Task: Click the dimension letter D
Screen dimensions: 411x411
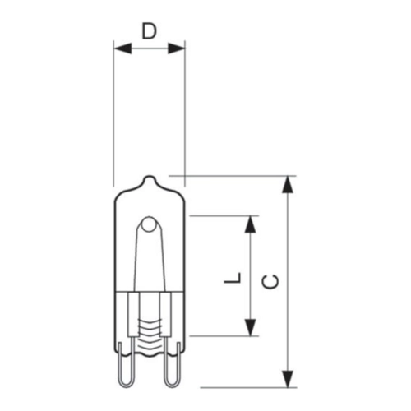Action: [x=149, y=31]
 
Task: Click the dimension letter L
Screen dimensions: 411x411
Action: [x=233, y=278]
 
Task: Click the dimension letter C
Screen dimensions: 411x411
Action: [x=270, y=281]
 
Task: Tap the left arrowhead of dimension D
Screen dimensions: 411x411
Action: [x=122, y=48]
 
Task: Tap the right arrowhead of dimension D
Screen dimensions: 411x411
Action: [x=176, y=48]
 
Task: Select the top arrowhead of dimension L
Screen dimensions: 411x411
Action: [x=250, y=224]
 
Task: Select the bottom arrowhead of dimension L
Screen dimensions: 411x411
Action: [x=250, y=327]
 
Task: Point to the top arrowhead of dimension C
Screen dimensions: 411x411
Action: [x=288, y=184]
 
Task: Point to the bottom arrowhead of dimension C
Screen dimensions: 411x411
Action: [x=288, y=379]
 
